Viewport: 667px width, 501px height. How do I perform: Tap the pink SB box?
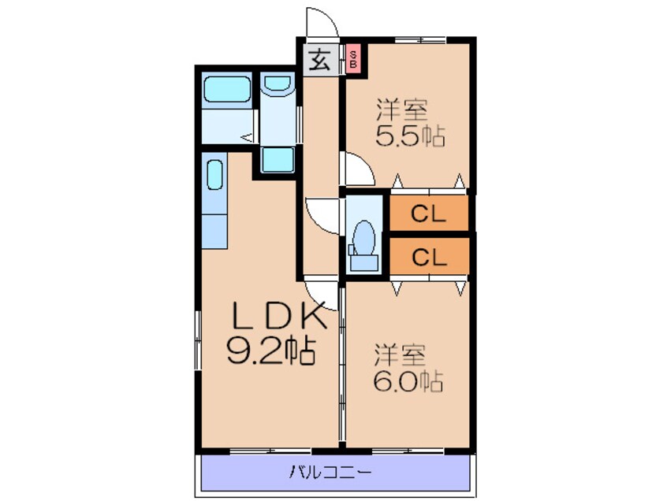[x=352, y=59]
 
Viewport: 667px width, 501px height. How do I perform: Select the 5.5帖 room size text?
[x=410, y=137]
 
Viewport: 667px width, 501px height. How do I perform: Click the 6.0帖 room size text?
[x=408, y=381]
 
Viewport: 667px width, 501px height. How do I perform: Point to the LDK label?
[x=278, y=316]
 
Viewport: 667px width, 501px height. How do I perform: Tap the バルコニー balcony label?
[x=330, y=472]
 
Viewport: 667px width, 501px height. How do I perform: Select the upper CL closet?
[x=429, y=213]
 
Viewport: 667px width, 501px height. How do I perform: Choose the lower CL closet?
[x=429, y=256]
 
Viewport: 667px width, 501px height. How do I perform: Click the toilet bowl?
[x=363, y=238]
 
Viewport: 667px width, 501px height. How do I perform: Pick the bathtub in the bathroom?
[x=226, y=89]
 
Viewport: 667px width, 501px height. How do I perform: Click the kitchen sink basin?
[x=214, y=175]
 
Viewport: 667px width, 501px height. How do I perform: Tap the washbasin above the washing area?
[x=277, y=83]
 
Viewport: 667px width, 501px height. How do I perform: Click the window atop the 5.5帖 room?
[x=420, y=40]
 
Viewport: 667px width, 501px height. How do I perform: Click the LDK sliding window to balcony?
[x=270, y=450]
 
